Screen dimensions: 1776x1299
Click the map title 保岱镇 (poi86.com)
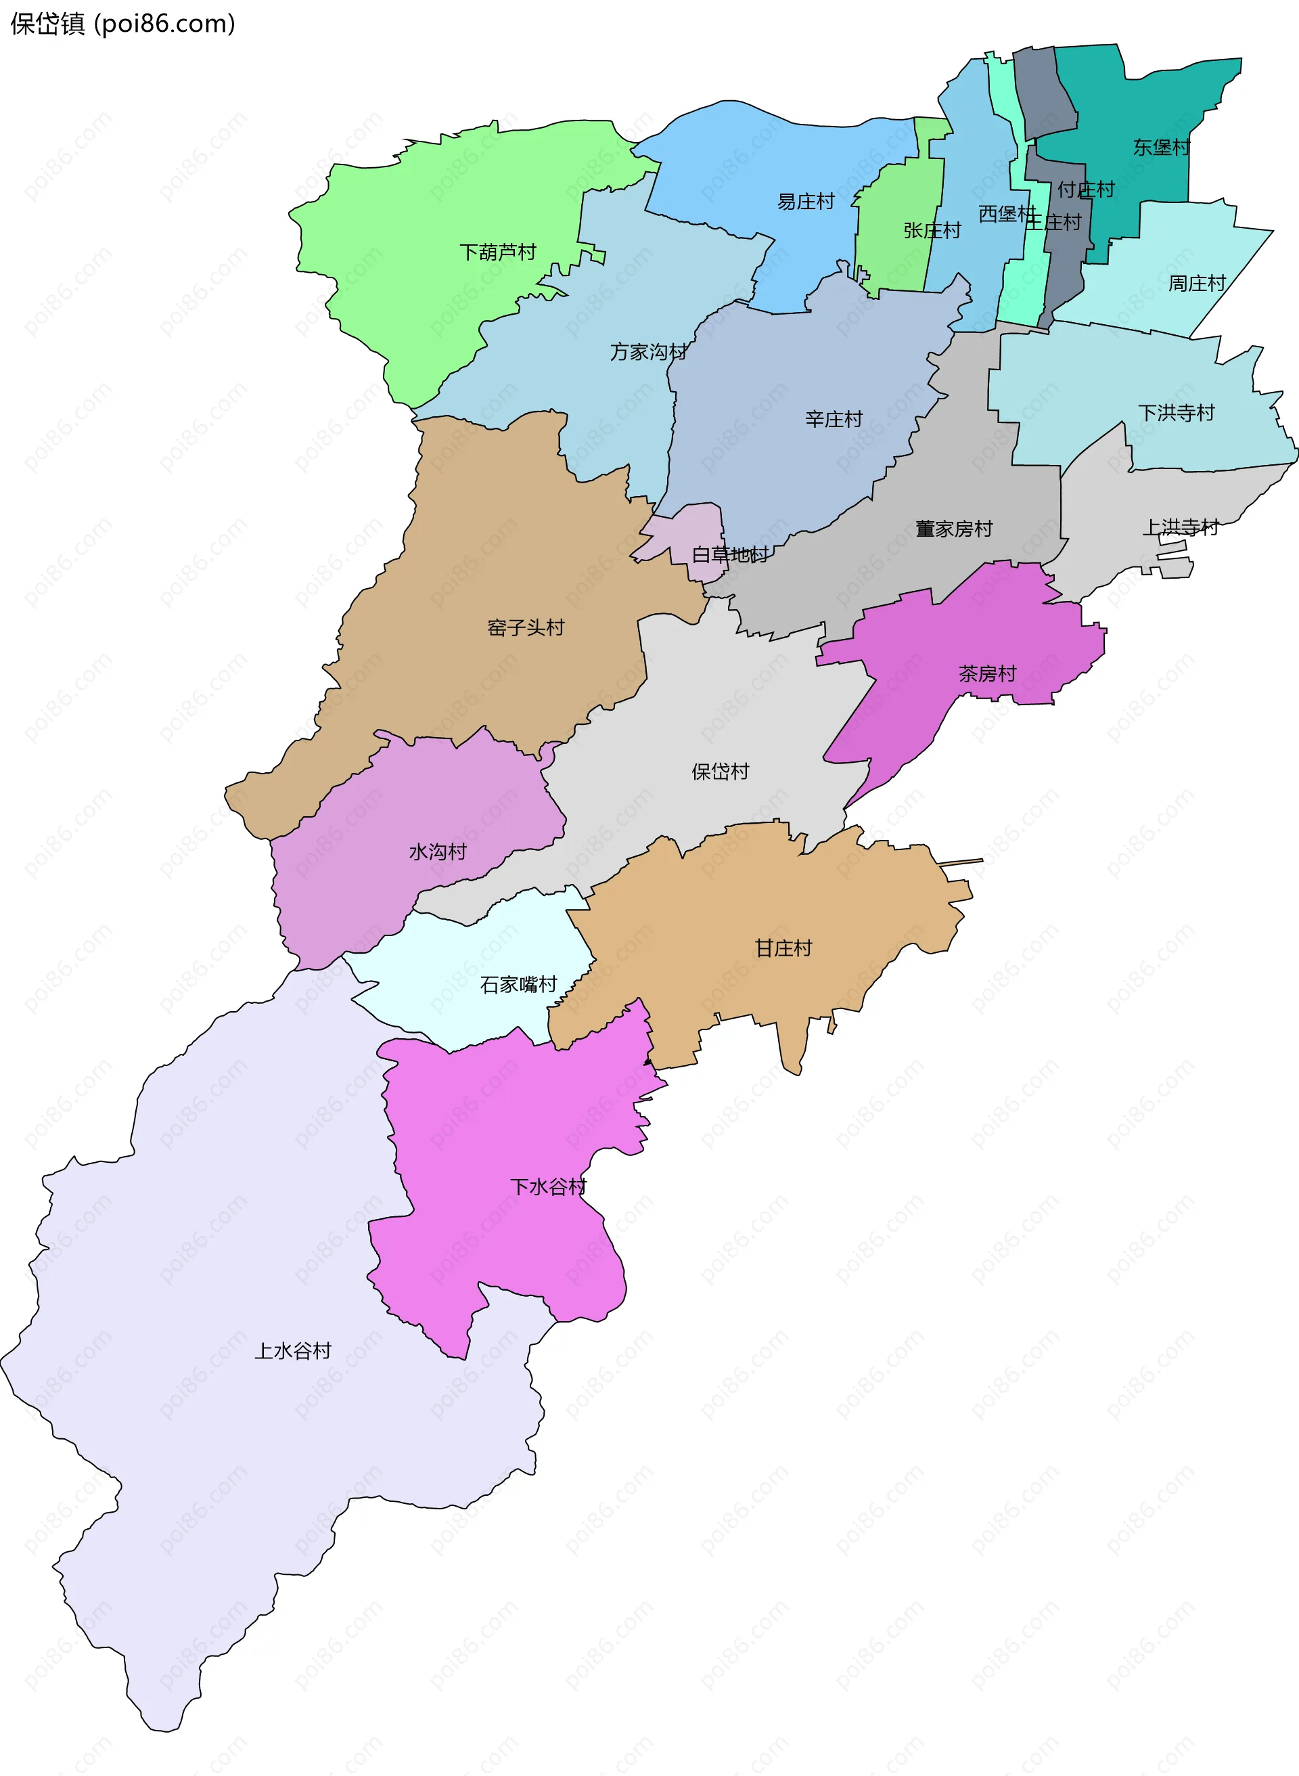point(122,24)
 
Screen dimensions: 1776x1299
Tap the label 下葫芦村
point(497,252)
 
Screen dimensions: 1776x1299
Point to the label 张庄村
point(932,230)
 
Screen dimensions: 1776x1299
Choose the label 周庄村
point(1197,283)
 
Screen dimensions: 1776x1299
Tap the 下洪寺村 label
point(1177,413)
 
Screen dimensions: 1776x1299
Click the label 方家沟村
point(648,351)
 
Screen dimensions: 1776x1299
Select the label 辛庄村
point(834,419)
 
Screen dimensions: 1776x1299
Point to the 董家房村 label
point(954,529)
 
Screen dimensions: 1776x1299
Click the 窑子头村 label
point(525,627)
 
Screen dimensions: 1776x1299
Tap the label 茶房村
point(987,673)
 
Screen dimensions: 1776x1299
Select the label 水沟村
point(437,852)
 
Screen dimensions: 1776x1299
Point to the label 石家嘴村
point(518,985)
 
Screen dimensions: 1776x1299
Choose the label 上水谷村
point(292,1350)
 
